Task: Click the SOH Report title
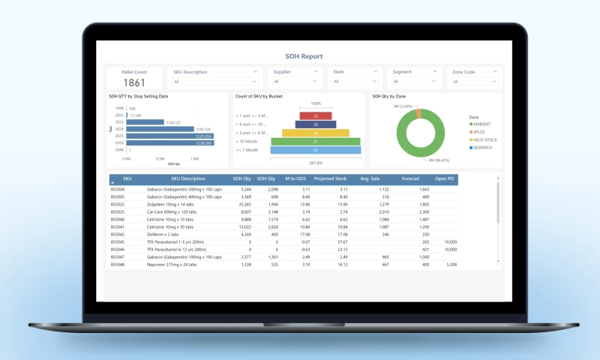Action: point(304,56)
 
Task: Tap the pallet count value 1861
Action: point(134,82)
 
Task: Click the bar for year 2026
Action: point(170,142)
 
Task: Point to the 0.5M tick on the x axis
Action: point(160,159)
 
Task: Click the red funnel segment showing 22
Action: point(316,115)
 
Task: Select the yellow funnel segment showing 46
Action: point(316,133)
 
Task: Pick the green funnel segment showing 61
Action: point(316,141)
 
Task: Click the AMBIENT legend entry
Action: point(481,124)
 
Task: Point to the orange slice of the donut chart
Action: point(418,112)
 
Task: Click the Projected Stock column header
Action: point(329,179)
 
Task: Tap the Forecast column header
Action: point(411,179)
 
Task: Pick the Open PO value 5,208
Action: point(451,264)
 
